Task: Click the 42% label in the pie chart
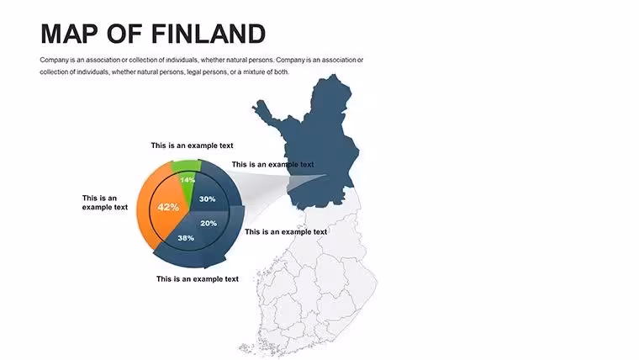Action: tap(168, 207)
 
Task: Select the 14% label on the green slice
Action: tap(187, 180)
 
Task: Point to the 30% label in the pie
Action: tap(207, 199)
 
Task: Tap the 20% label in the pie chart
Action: tap(209, 223)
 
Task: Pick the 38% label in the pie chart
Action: tap(186, 238)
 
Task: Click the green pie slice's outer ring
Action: tap(187, 166)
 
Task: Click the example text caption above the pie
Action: tap(192, 146)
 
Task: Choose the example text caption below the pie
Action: tap(198, 279)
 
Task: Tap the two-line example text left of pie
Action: tap(105, 203)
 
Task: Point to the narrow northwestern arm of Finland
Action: tap(265, 111)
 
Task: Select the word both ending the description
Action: tap(282, 71)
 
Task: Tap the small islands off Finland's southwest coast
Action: tap(249, 349)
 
